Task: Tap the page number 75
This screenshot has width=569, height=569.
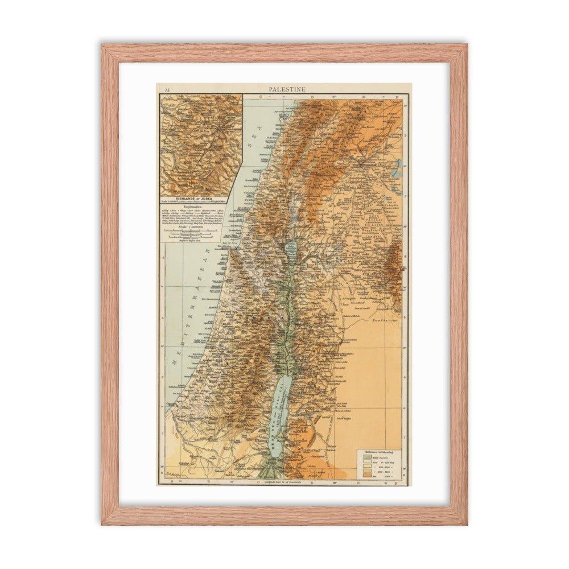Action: point(166,89)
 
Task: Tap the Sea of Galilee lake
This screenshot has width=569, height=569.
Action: point(291,248)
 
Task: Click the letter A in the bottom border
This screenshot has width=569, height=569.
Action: point(170,482)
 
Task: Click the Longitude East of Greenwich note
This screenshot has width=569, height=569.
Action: point(284,483)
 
